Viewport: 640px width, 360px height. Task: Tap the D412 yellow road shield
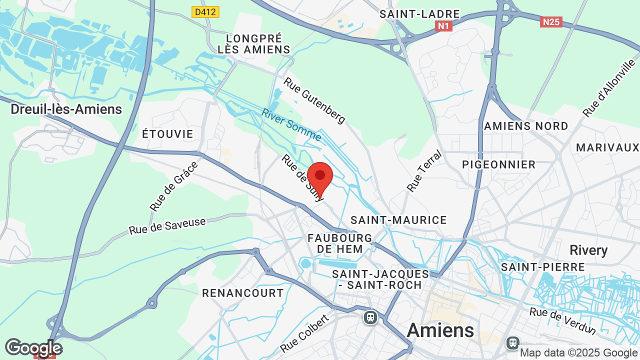[x=205, y=11]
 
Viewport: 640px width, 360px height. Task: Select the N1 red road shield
[x=443, y=26]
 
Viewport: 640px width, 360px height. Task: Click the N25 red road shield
[x=551, y=22]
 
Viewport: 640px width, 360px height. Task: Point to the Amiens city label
[x=440, y=330]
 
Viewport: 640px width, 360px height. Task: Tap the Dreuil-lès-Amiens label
[x=66, y=109]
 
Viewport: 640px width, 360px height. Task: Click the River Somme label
[x=291, y=125]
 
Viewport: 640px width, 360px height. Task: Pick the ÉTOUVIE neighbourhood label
[x=168, y=134]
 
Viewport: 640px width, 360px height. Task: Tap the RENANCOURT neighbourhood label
[x=243, y=293]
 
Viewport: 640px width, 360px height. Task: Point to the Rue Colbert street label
[x=305, y=333]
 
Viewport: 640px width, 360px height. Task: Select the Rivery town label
[x=588, y=250]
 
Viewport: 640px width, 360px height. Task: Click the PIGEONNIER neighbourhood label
[x=498, y=164]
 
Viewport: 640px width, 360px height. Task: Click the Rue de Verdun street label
[x=563, y=321]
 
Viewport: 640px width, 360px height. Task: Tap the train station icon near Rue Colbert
[x=370, y=317]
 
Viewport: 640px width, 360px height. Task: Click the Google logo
[x=33, y=347]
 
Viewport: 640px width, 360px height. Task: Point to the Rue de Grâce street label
[x=174, y=186]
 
